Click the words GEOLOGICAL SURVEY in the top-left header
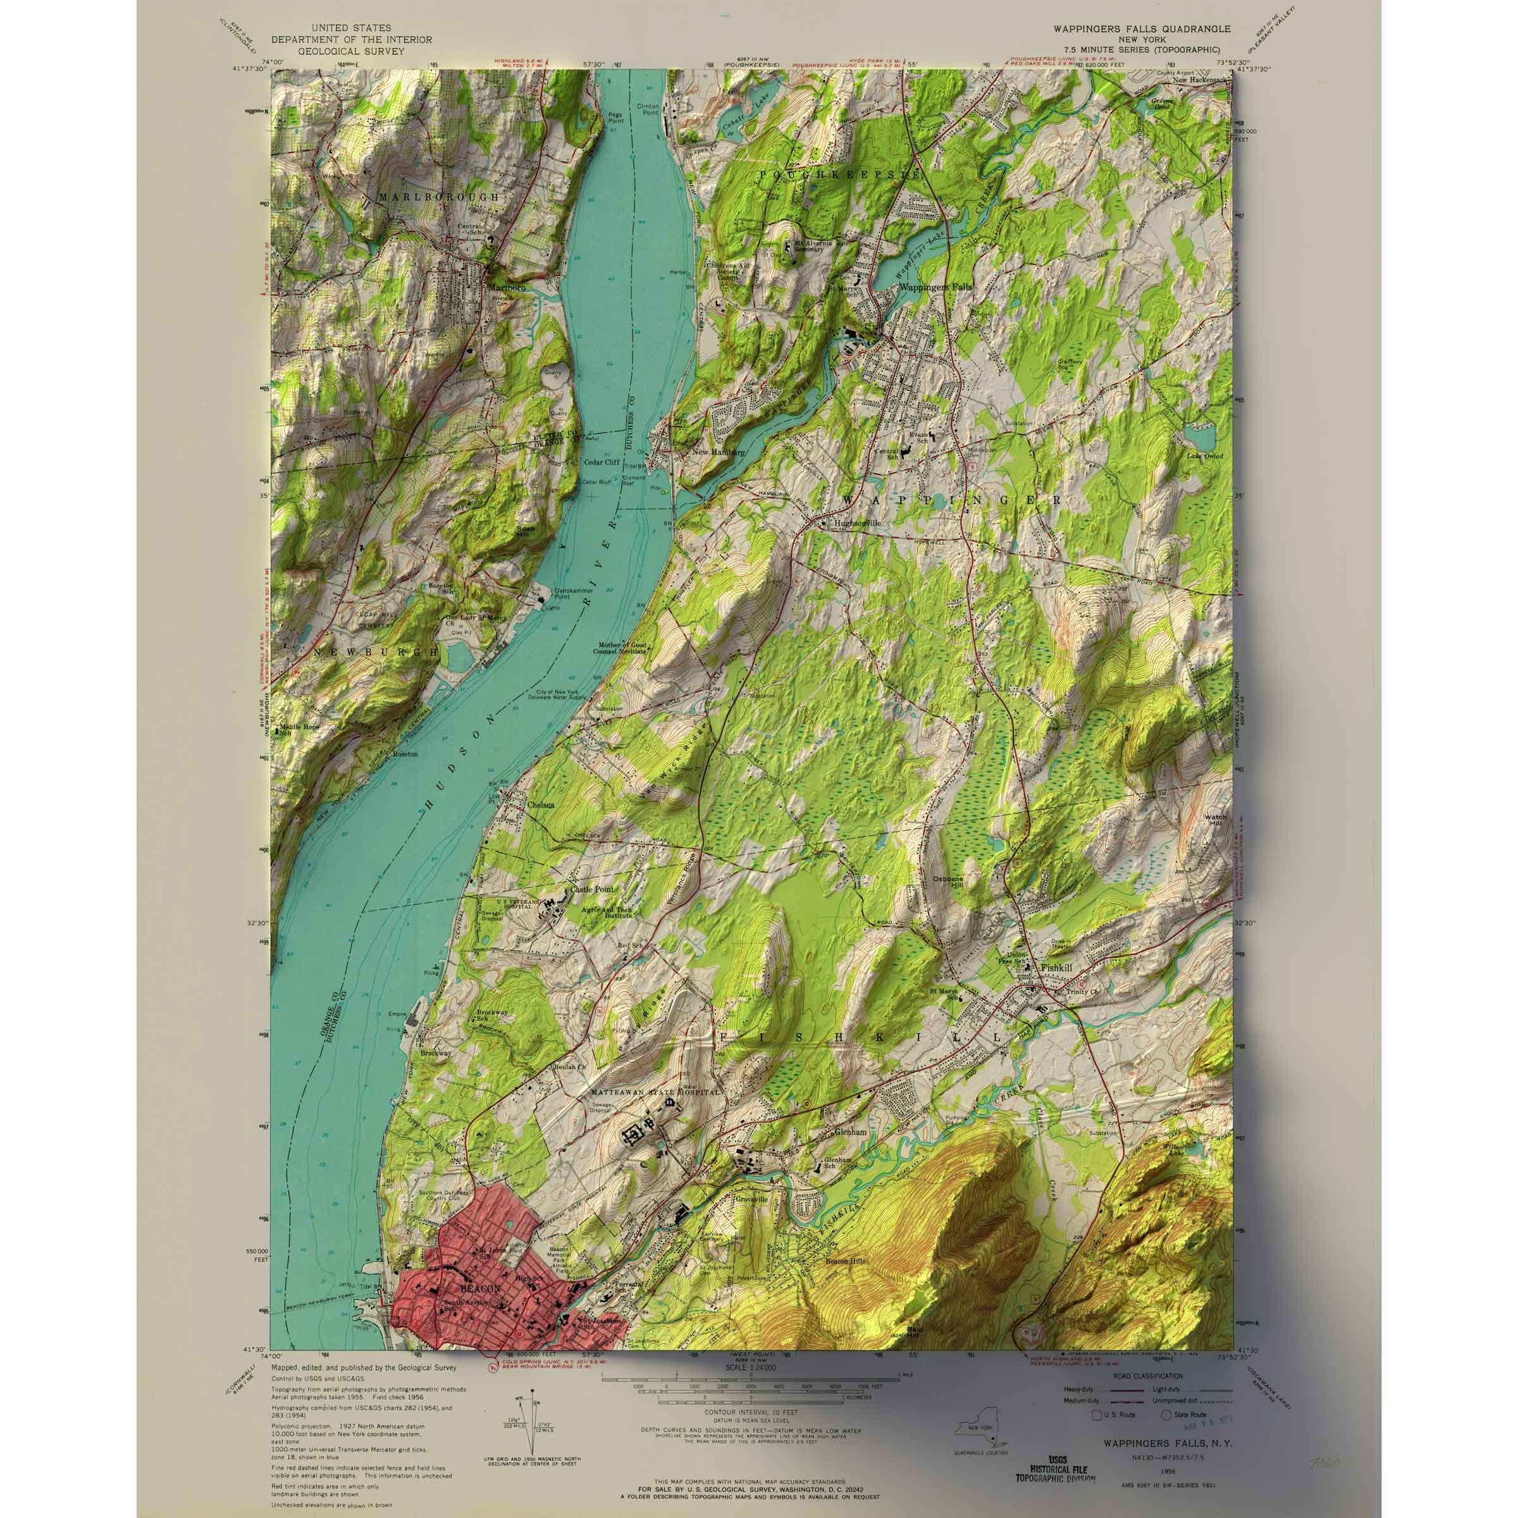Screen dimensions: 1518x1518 click(338, 51)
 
